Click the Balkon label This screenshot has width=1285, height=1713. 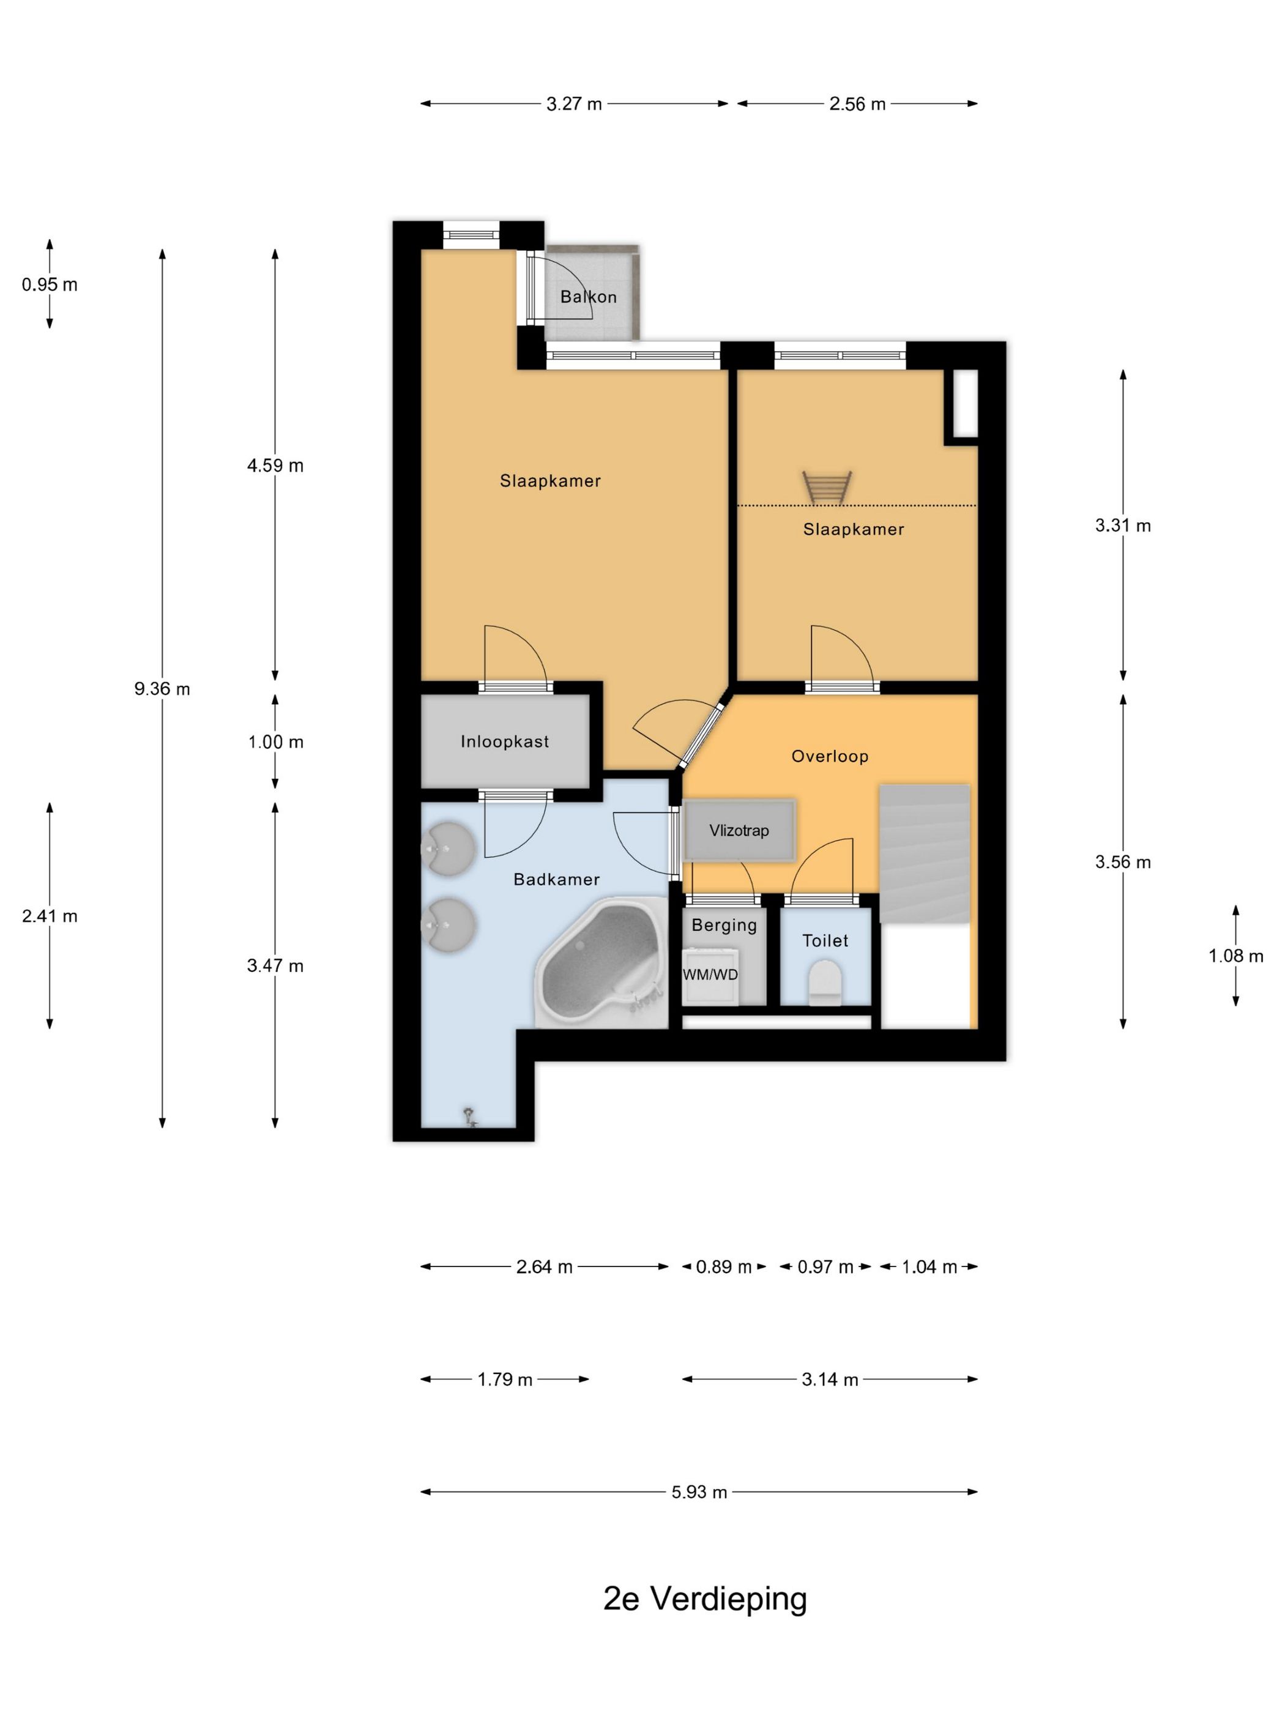coord(588,297)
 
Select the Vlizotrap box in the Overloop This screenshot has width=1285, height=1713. coord(739,830)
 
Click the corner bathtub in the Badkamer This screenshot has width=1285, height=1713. coord(601,962)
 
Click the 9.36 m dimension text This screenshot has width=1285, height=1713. coord(162,688)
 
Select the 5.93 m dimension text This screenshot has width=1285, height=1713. coord(699,1492)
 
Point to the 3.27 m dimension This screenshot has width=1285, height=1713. coord(574,104)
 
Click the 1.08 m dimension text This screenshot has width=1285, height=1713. coord(1235,956)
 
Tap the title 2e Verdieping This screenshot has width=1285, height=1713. coord(705,1599)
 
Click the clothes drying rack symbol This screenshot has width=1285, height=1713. coord(827,487)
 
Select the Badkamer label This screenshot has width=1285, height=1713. coord(556,879)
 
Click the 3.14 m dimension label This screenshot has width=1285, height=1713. coord(830,1379)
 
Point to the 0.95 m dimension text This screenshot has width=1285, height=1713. coord(50,284)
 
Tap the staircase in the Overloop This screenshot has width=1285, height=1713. coord(924,853)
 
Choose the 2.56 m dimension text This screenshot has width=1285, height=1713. coord(857,104)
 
